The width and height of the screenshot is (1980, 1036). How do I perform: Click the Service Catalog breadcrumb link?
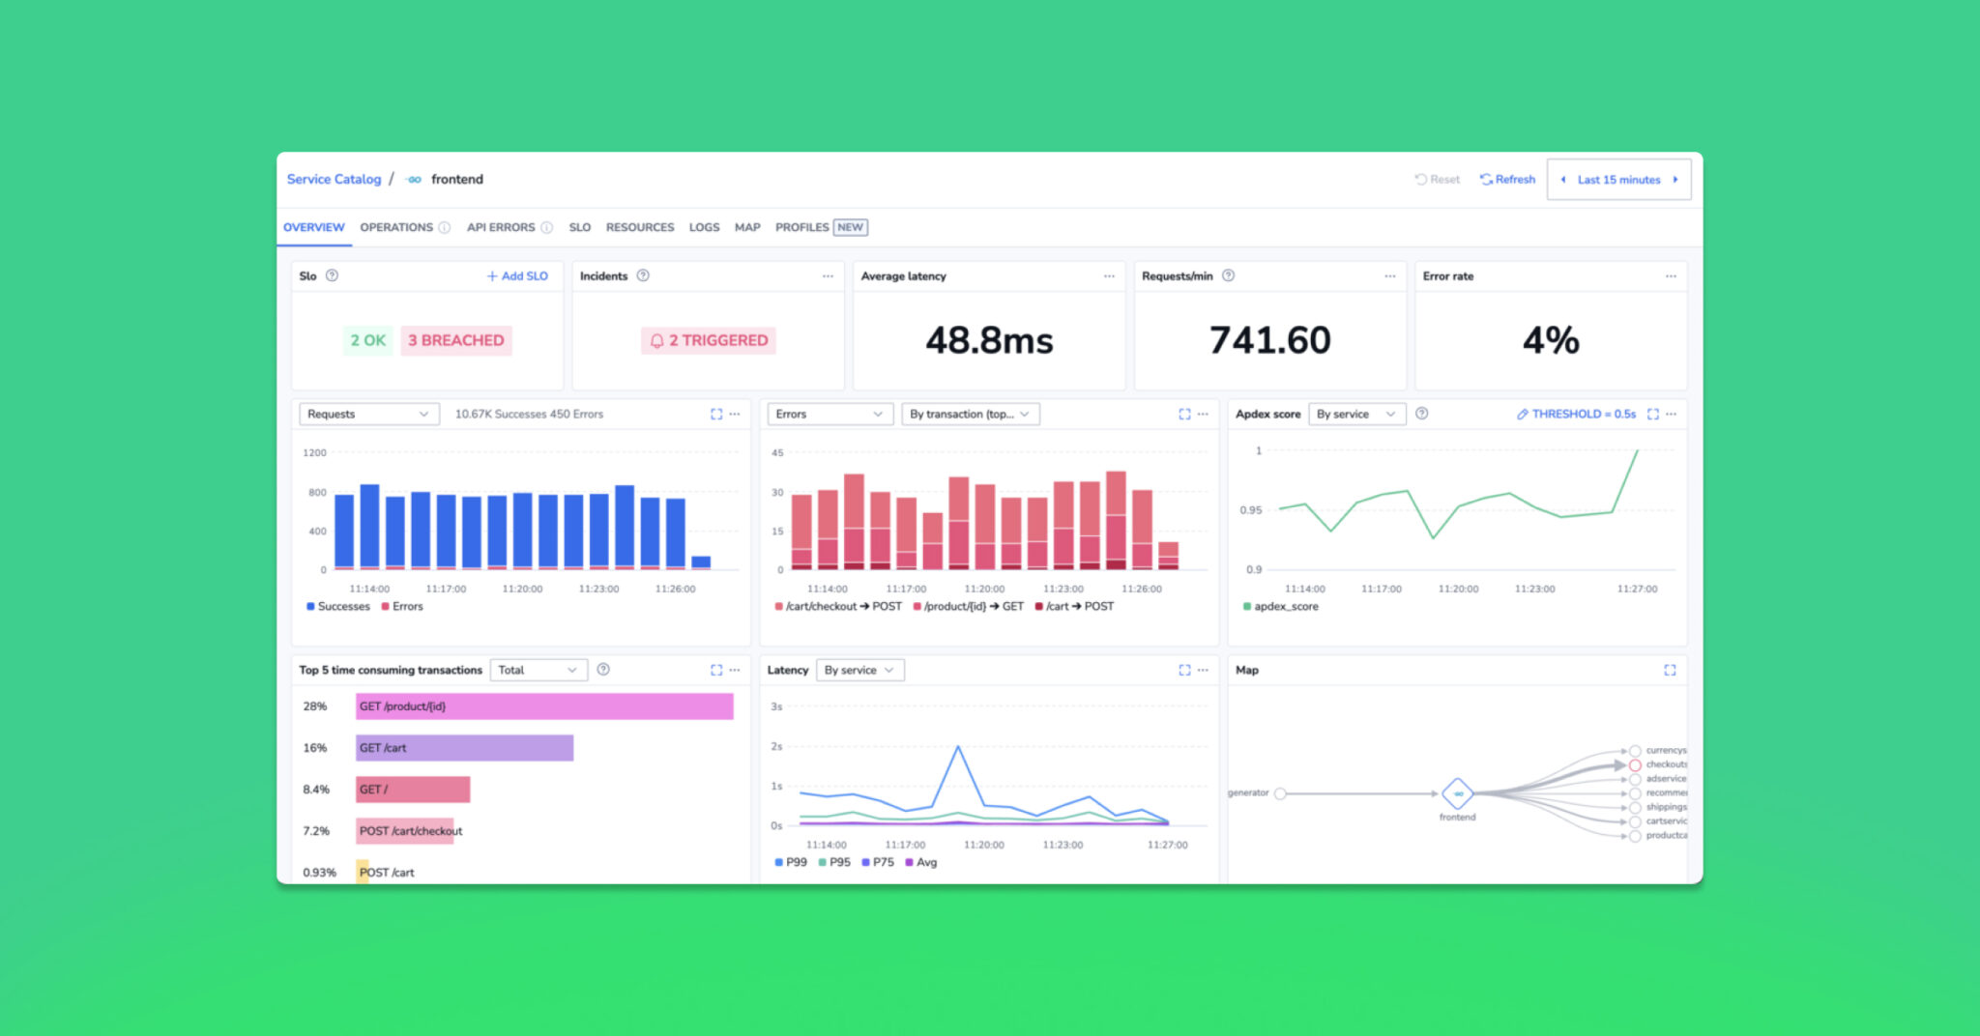(334, 179)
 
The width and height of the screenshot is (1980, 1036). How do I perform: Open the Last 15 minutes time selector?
(1618, 180)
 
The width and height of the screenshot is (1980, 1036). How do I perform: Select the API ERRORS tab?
(501, 227)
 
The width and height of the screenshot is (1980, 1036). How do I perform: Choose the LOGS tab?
(704, 227)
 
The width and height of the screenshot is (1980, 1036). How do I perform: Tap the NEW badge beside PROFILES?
(851, 227)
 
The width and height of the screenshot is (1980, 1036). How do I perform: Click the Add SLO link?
(518, 276)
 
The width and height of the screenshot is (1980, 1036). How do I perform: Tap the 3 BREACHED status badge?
(455, 340)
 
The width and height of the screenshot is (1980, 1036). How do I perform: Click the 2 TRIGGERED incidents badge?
(709, 340)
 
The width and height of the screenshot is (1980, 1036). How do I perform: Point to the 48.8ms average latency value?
(989, 340)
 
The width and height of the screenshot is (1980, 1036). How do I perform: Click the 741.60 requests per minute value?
(1269, 340)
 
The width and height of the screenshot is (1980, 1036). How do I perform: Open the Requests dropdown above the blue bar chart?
(368, 414)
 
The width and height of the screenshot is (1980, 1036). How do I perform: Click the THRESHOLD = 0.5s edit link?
(1576, 414)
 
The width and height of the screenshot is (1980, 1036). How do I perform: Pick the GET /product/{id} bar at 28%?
(544, 706)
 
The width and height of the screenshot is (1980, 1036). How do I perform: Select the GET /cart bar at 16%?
(464, 748)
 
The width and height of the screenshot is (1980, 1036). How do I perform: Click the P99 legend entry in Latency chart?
(791, 862)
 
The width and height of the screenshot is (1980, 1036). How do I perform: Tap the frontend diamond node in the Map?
(1457, 793)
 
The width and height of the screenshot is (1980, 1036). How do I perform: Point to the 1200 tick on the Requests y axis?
(314, 452)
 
